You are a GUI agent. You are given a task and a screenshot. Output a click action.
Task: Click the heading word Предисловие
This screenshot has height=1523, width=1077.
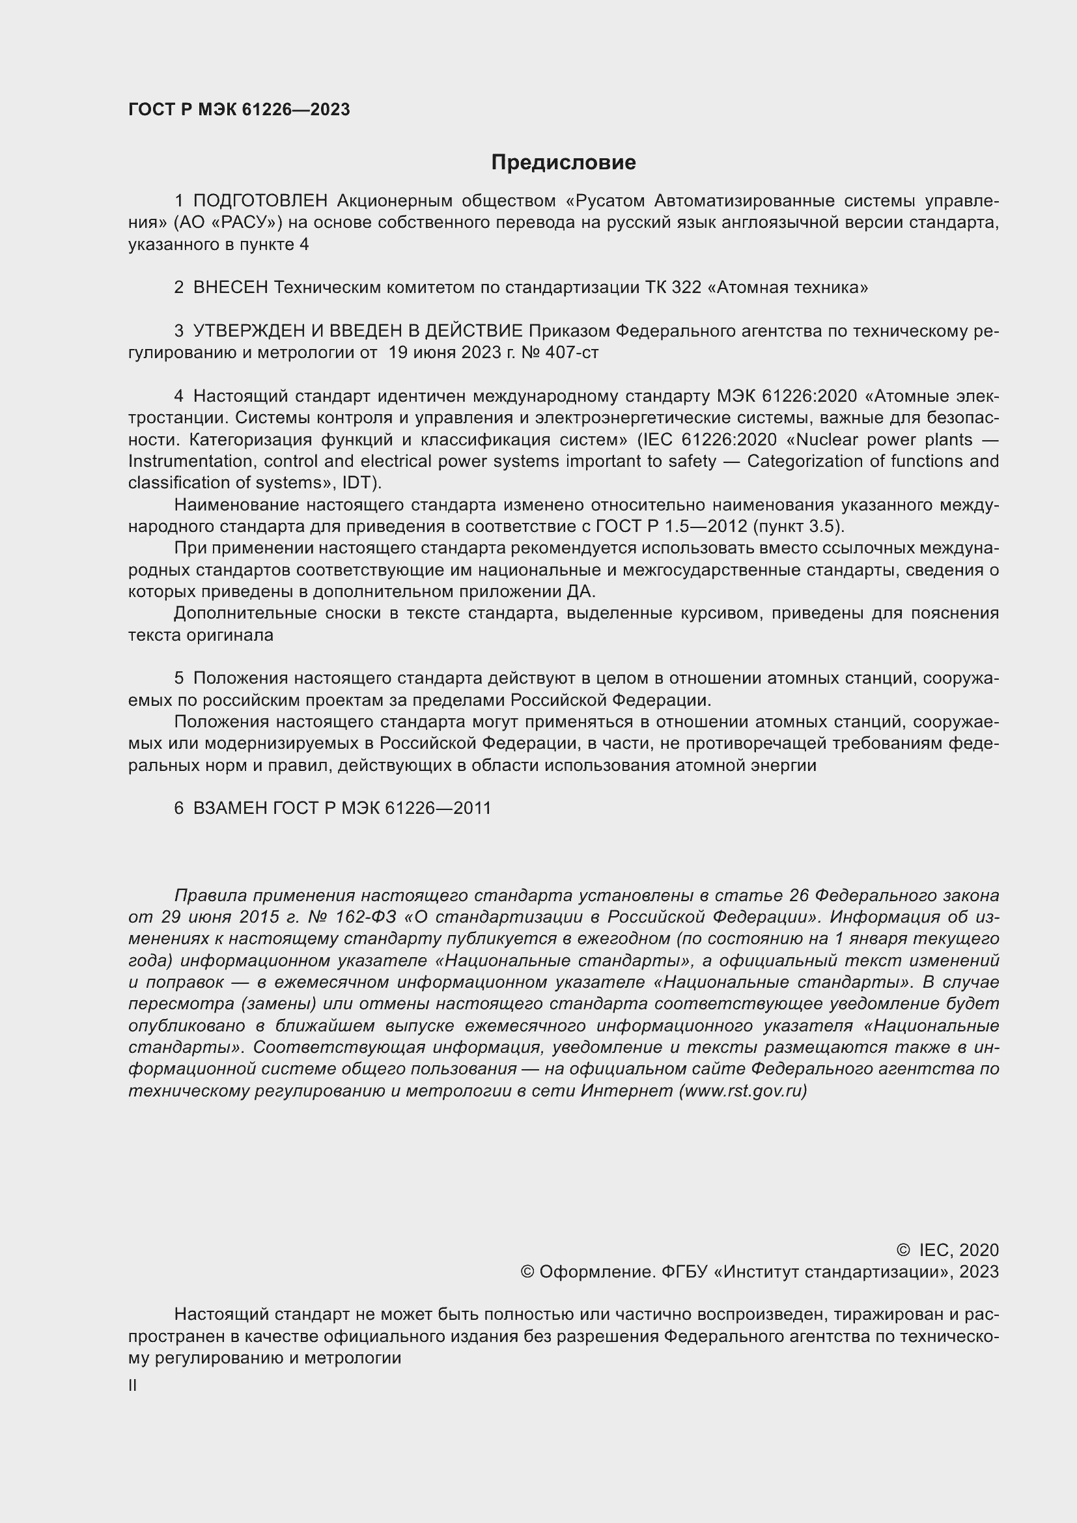coord(563,163)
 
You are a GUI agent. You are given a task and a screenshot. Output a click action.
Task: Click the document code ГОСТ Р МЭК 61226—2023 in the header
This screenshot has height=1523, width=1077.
coord(239,110)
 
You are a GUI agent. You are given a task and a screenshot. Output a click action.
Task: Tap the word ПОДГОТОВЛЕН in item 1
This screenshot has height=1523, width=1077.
coord(260,201)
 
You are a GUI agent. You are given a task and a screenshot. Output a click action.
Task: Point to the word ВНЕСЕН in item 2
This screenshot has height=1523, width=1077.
coord(230,287)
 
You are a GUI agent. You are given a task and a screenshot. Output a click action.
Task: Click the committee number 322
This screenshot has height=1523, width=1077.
coord(686,287)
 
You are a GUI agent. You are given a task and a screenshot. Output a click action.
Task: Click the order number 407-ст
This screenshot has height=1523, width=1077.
coord(572,352)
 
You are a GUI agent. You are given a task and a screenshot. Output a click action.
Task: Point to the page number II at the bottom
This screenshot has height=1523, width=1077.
coord(133,1385)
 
